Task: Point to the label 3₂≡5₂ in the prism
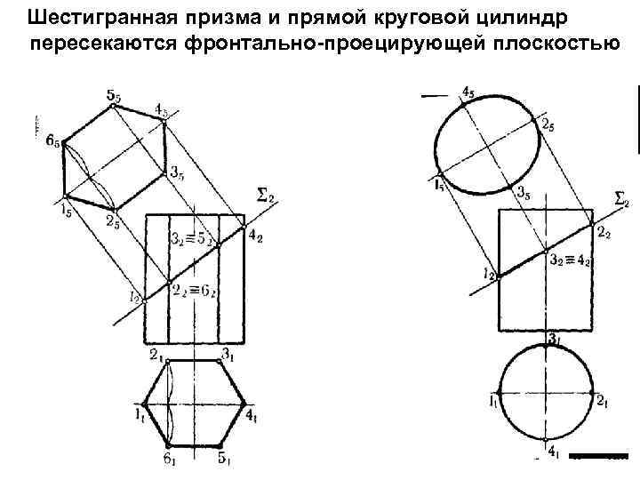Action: coord(195,237)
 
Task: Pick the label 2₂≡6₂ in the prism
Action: coord(195,290)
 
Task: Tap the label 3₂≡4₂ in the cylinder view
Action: coord(568,260)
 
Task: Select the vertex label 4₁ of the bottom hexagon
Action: coord(252,413)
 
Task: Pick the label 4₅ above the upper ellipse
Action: coord(468,91)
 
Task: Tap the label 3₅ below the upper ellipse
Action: coord(525,195)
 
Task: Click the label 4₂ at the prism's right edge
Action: coord(256,235)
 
